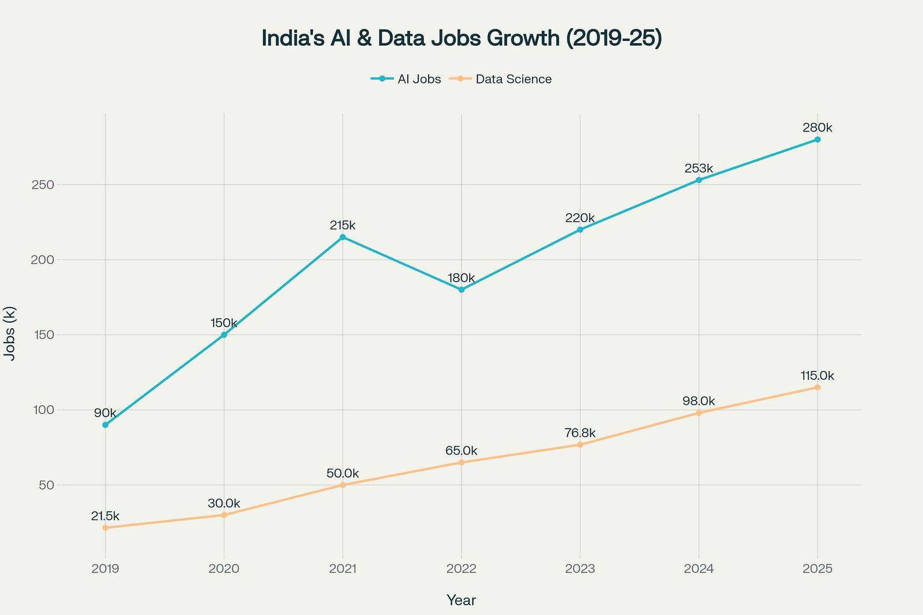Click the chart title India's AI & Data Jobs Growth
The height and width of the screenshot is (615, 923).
[461, 38]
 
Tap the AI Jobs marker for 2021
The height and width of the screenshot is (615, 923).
[343, 237]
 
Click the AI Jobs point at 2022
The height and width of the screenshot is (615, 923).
[461, 290]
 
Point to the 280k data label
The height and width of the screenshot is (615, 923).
[817, 127]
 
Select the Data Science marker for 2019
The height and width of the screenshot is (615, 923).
[105, 528]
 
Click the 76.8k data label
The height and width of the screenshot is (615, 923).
[580, 433]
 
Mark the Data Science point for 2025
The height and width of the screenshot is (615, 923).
[817, 387]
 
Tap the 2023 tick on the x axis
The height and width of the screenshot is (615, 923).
[580, 569]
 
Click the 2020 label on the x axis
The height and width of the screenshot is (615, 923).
[224, 569]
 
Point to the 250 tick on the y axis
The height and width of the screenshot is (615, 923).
[46, 185]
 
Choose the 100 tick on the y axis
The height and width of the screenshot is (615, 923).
[46, 410]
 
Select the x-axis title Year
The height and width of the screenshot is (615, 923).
[461, 601]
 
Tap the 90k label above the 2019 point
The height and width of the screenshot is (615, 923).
[105, 413]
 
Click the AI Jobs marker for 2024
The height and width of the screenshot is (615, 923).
[699, 180]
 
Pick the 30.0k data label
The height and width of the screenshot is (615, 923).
[224, 503]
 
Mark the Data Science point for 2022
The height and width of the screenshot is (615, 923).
[461, 463]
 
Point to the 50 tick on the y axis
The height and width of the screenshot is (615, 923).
[48, 485]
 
